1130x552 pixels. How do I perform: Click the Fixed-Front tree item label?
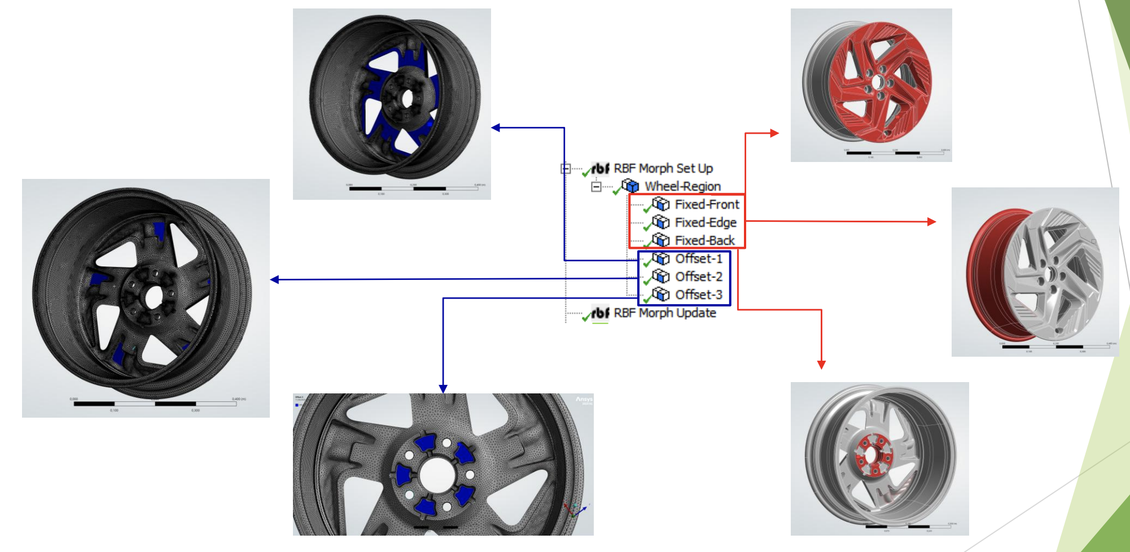point(707,204)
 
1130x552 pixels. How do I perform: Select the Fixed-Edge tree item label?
point(706,222)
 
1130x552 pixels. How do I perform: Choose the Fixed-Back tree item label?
point(704,240)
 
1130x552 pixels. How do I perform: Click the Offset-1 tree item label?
point(699,259)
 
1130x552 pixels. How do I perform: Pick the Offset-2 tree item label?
point(699,277)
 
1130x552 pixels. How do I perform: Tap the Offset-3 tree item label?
point(699,295)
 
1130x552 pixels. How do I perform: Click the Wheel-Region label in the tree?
point(682,186)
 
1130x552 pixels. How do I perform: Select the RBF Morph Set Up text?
point(663,168)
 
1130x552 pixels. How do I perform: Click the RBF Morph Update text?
point(665,313)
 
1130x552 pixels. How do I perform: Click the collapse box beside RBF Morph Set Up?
point(566,168)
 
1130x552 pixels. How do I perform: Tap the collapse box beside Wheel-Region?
point(596,186)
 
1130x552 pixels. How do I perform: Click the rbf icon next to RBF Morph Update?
point(600,313)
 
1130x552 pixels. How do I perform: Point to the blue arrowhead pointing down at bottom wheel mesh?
point(443,389)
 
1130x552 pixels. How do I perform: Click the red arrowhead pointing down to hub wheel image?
point(821,365)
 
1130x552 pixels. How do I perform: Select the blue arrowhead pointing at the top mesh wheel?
point(496,128)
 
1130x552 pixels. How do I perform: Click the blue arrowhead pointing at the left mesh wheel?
point(275,279)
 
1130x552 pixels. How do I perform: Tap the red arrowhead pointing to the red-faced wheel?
point(775,133)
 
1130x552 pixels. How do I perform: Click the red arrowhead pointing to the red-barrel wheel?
point(932,222)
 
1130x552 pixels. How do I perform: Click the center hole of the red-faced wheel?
point(877,82)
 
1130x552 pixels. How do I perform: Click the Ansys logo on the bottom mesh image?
point(584,400)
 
